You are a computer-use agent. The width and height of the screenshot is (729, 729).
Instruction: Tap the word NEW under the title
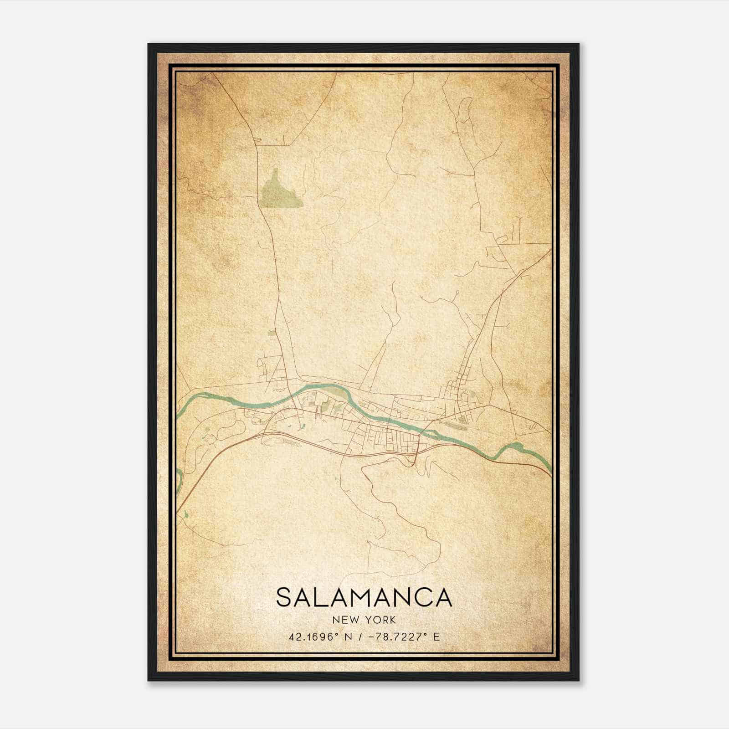pyautogui.click(x=345, y=620)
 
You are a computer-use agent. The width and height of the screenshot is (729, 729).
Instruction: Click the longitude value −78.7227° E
pyautogui.click(x=399, y=637)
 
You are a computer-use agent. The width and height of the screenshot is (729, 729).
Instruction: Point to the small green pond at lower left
pyautogui.click(x=186, y=515)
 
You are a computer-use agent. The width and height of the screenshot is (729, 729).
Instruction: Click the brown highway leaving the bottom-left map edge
pyautogui.click(x=179, y=509)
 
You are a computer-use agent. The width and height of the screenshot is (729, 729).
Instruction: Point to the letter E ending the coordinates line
pyautogui.click(x=436, y=637)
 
